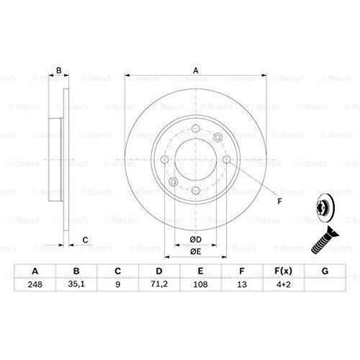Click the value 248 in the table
tap(35, 284)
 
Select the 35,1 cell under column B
tap(76, 284)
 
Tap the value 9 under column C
tap(117, 284)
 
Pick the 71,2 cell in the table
tap(159, 284)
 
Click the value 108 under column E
tap(200, 284)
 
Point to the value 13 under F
tap(242, 284)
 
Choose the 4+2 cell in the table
tap(284, 284)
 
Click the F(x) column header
tap(284, 271)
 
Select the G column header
tap(325, 271)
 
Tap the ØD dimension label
tap(196, 240)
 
